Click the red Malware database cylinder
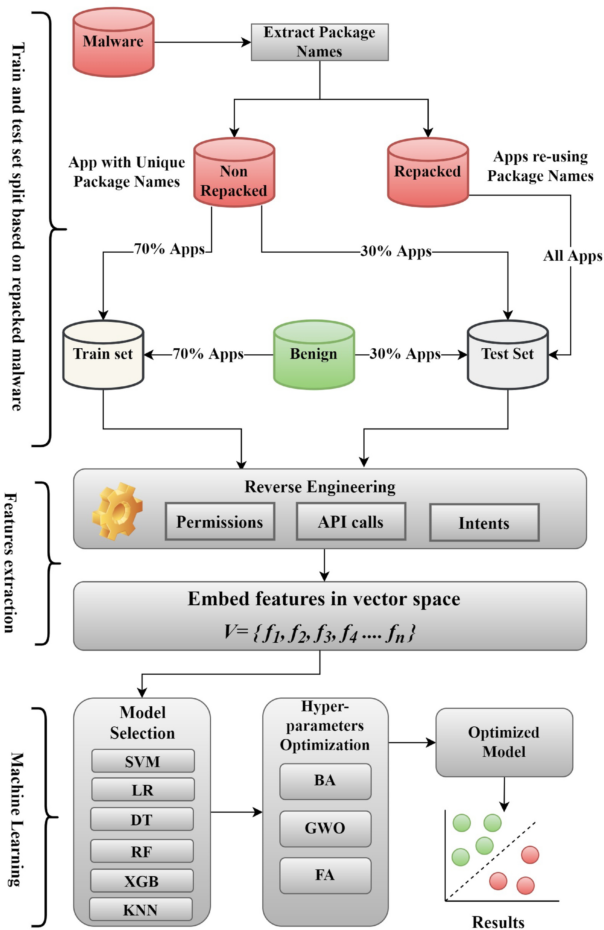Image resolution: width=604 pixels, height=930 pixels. [113, 43]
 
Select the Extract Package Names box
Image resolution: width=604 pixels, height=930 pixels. [319, 42]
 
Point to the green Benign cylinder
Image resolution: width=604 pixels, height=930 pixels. [314, 354]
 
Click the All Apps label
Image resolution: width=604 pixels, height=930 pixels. [572, 256]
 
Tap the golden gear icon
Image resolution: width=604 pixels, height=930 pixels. [117, 511]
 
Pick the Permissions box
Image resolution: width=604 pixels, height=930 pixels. [220, 522]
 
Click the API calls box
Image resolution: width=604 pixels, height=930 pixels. [351, 522]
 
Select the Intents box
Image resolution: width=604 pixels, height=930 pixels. [484, 523]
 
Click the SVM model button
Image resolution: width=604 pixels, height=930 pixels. [142, 761]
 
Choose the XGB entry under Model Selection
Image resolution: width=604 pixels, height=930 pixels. [142, 881]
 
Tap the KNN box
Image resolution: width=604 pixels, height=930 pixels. [141, 910]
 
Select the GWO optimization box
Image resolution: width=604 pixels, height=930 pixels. [325, 828]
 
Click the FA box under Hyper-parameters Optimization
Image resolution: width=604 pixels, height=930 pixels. [325, 875]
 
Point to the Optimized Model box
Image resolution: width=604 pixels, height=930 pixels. [504, 742]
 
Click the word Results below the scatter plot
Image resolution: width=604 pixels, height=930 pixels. [498, 922]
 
